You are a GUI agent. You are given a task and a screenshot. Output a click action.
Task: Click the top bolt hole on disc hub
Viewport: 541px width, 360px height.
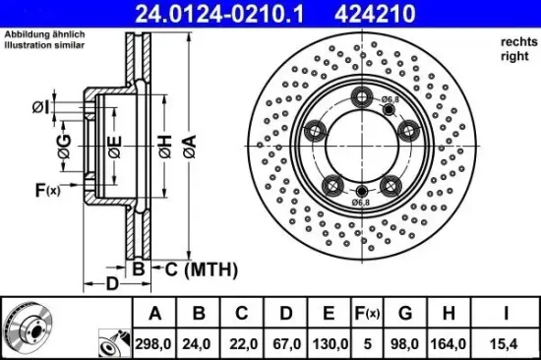pos(364,96)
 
